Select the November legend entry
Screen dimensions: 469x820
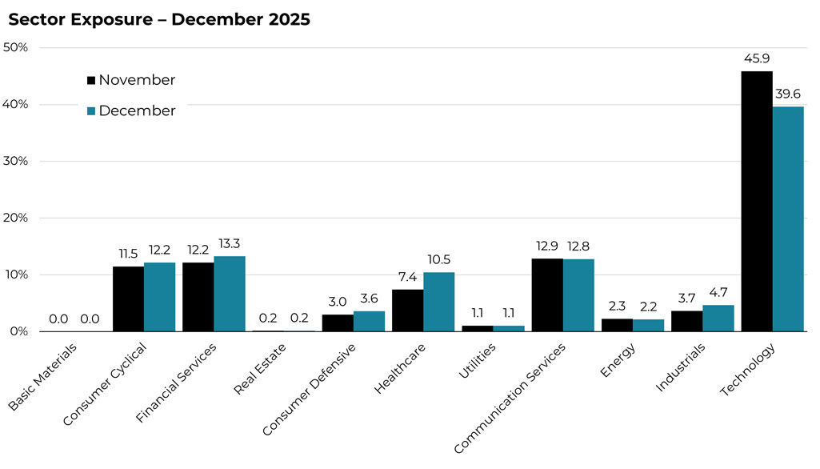point(130,80)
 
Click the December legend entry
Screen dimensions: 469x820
point(130,111)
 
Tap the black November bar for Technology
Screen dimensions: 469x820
point(757,201)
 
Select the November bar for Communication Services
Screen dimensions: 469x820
point(547,295)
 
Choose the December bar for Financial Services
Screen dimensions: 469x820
point(230,294)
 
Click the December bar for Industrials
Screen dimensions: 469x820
point(718,318)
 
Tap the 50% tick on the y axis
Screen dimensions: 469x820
point(16,48)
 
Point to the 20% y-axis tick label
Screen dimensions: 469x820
point(16,218)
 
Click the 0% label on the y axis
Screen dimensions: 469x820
point(19,331)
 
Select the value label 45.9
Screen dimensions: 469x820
point(757,59)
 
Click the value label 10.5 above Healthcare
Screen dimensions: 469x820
point(439,260)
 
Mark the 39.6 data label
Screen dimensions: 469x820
point(788,94)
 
